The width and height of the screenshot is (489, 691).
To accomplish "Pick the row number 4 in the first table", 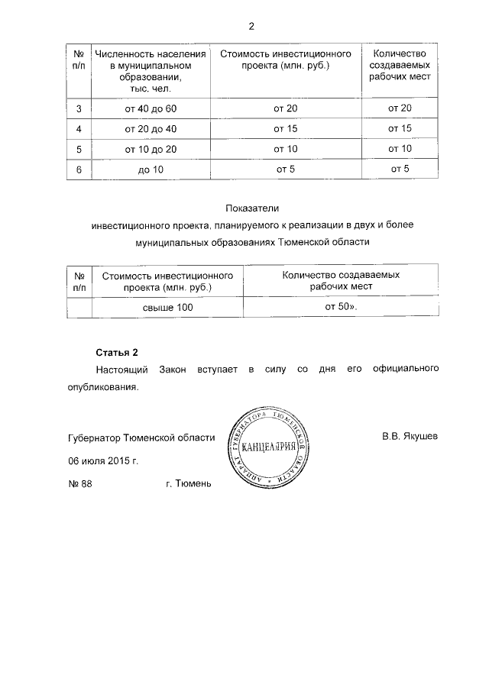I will [x=79, y=128].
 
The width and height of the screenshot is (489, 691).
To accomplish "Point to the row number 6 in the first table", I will [x=79, y=169].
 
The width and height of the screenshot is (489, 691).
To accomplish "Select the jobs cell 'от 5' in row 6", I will [x=400, y=168].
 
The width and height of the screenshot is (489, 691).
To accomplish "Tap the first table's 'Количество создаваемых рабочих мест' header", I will [x=400, y=66].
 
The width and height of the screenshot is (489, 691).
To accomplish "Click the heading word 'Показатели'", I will [x=252, y=208].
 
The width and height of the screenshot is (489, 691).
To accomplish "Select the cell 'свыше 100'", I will [x=167, y=307].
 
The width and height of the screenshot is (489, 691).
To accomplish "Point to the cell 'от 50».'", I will [x=341, y=306].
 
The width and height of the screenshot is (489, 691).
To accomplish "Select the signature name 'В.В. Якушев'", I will [x=410, y=438].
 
